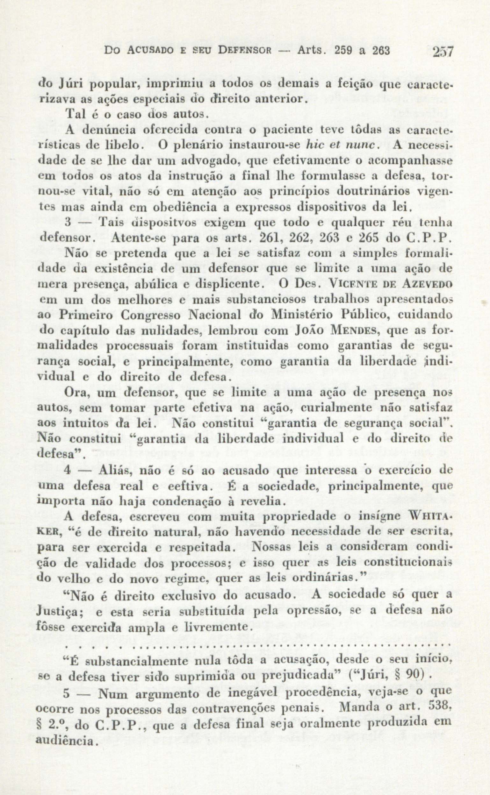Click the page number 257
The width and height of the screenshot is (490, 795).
[x=444, y=52]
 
